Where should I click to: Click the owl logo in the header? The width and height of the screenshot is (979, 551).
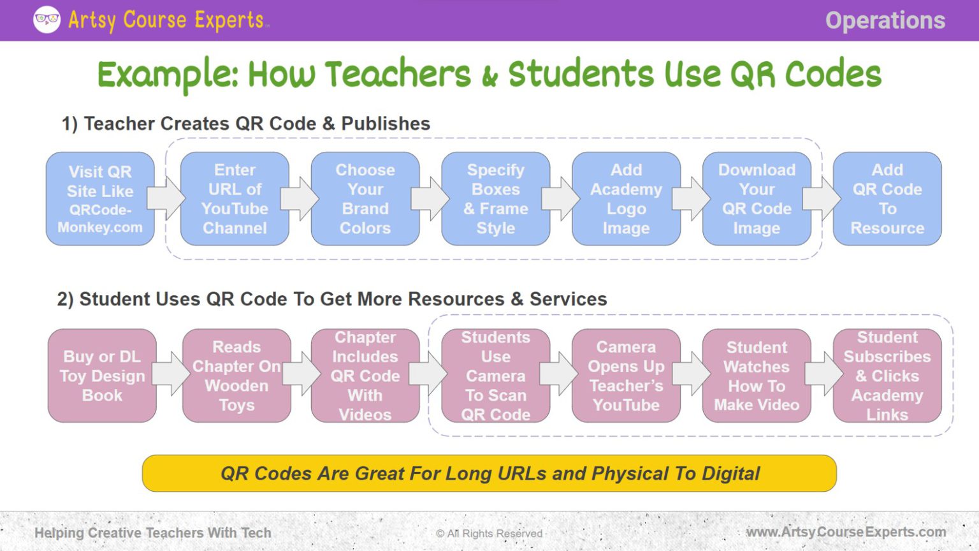pos(47,20)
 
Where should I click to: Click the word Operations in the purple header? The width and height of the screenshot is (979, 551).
pos(885,20)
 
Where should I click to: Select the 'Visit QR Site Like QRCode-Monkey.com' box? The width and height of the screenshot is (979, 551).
pos(100,199)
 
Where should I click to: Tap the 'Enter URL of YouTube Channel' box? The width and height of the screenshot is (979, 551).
pos(235,199)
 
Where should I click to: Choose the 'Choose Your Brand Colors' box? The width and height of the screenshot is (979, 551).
pos(365,199)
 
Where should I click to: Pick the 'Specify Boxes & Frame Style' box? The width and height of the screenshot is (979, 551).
pos(495,199)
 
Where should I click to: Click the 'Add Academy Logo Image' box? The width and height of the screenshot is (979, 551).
pos(626,199)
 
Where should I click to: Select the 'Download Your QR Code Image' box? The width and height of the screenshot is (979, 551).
pos(757,199)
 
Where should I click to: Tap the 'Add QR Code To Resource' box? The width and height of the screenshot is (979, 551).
pos(887,199)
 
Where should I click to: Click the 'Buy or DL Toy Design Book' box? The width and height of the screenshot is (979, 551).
pos(102,376)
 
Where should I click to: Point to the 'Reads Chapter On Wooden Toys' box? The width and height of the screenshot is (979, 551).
pos(236,376)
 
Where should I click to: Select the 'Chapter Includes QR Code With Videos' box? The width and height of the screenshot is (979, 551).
pos(365,376)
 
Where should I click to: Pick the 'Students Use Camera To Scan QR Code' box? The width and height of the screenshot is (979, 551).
pos(495,376)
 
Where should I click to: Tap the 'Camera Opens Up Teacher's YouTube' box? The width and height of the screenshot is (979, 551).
pos(626,376)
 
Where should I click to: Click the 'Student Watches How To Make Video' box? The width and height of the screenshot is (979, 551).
pos(757,376)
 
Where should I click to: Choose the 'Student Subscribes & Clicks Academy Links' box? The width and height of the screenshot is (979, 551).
pos(887,376)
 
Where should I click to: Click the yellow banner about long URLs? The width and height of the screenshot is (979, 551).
pos(489,473)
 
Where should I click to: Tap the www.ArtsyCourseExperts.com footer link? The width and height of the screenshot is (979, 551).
pos(846,532)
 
